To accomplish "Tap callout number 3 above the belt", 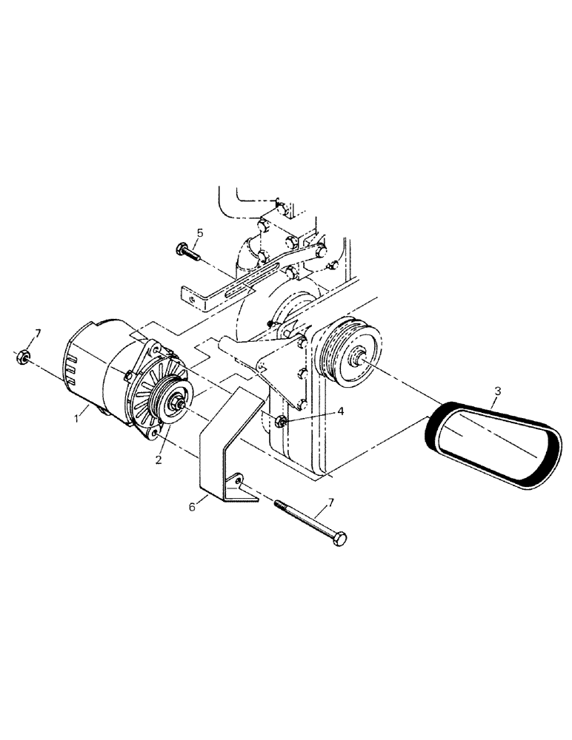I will pyautogui.click(x=498, y=389).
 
